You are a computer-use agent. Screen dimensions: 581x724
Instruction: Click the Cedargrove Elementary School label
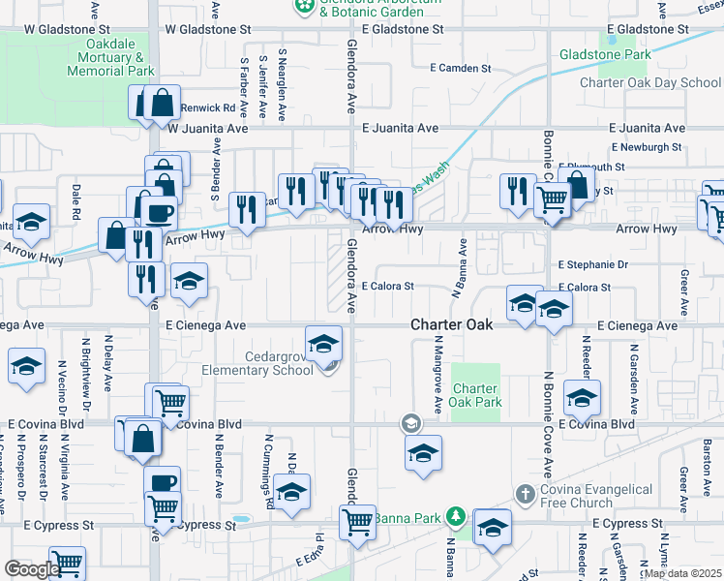(257, 362)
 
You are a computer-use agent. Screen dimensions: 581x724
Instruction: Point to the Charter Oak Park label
(475, 394)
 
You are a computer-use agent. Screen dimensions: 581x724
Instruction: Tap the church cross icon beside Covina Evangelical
(525, 495)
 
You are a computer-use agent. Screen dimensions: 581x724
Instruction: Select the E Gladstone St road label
(403, 29)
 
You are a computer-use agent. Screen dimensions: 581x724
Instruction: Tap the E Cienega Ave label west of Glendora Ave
(205, 325)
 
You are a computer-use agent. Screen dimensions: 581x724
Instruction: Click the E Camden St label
(462, 68)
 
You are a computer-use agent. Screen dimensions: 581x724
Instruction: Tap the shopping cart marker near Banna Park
(358, 522)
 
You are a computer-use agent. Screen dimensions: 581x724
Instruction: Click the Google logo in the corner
(32, 569)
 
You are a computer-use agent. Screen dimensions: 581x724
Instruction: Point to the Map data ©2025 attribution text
(682, 573)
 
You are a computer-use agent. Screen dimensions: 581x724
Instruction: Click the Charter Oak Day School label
(650, 82)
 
